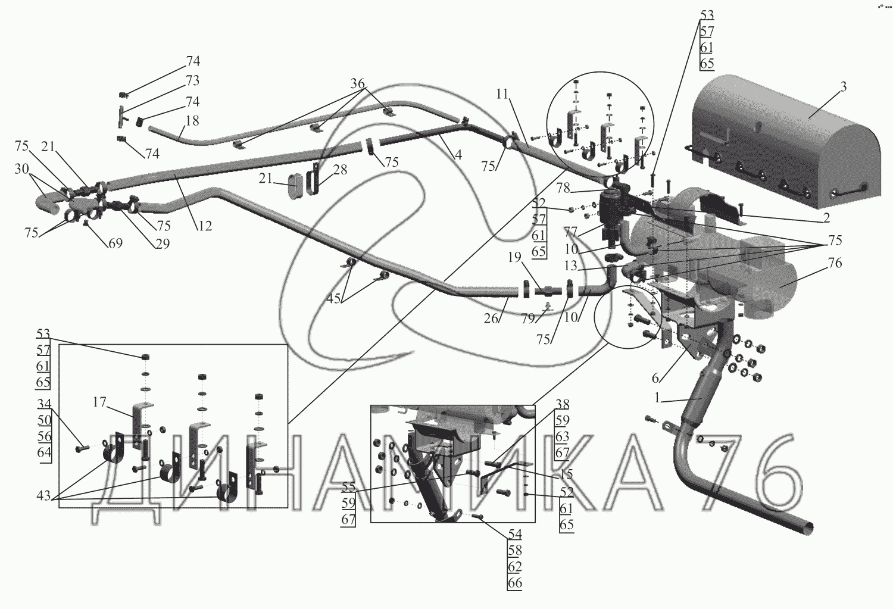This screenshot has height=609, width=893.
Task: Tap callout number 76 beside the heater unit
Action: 835,263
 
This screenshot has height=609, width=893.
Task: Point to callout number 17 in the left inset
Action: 99,403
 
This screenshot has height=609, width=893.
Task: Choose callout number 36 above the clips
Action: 357,84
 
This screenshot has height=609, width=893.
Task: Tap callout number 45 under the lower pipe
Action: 333,298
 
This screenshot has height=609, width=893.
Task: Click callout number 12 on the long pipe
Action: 205,226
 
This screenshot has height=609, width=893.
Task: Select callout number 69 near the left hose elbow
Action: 115,243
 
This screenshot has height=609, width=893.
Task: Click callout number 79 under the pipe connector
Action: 528,318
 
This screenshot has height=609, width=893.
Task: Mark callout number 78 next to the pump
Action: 563,189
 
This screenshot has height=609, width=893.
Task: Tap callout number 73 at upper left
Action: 192,80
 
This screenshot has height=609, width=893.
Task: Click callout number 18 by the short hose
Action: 192,121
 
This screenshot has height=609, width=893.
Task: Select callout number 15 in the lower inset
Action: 566,474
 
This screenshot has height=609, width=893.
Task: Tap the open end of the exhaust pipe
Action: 804,526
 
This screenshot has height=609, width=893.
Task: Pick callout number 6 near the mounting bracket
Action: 655,378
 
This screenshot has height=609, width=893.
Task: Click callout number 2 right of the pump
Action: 826,218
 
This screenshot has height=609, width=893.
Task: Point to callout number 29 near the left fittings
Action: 163,243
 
